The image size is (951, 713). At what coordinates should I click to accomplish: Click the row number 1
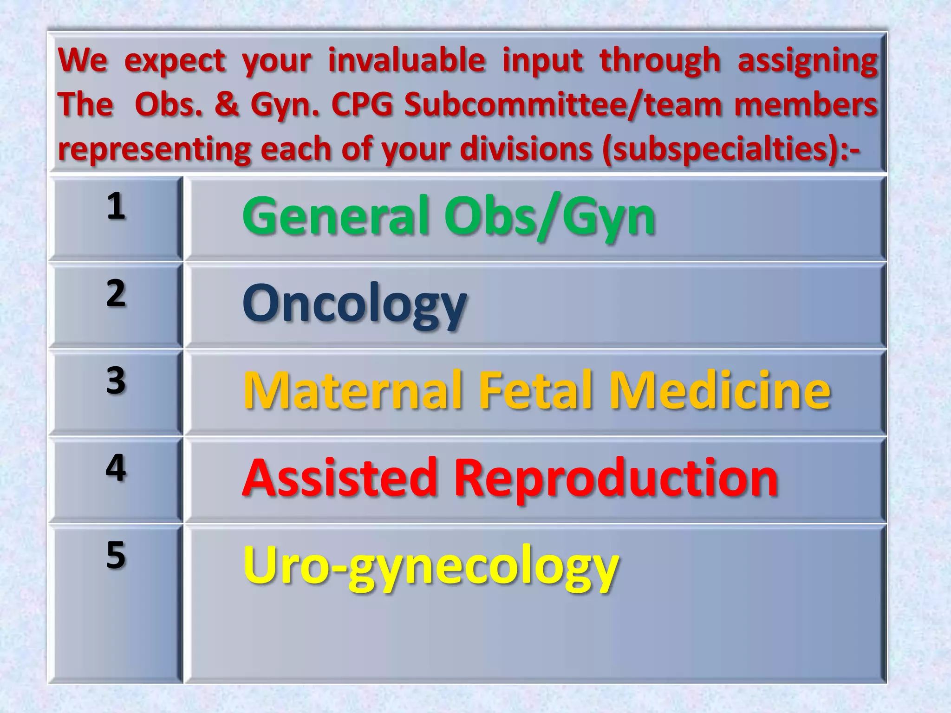click(x=116, y=206)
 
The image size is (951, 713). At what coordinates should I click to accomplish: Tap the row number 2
click(x=116, y=293)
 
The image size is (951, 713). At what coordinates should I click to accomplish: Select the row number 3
click(x=116, y=381)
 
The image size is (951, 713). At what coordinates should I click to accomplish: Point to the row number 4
click(x=116, y=468)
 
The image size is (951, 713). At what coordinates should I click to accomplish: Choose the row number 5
click(x=116, y=555)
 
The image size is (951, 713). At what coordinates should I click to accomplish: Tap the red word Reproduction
click(x=616, y=478)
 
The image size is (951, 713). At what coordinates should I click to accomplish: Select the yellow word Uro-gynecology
click(x=431, y=566)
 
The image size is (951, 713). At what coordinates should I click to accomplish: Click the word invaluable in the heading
click(x=407, y=60)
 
